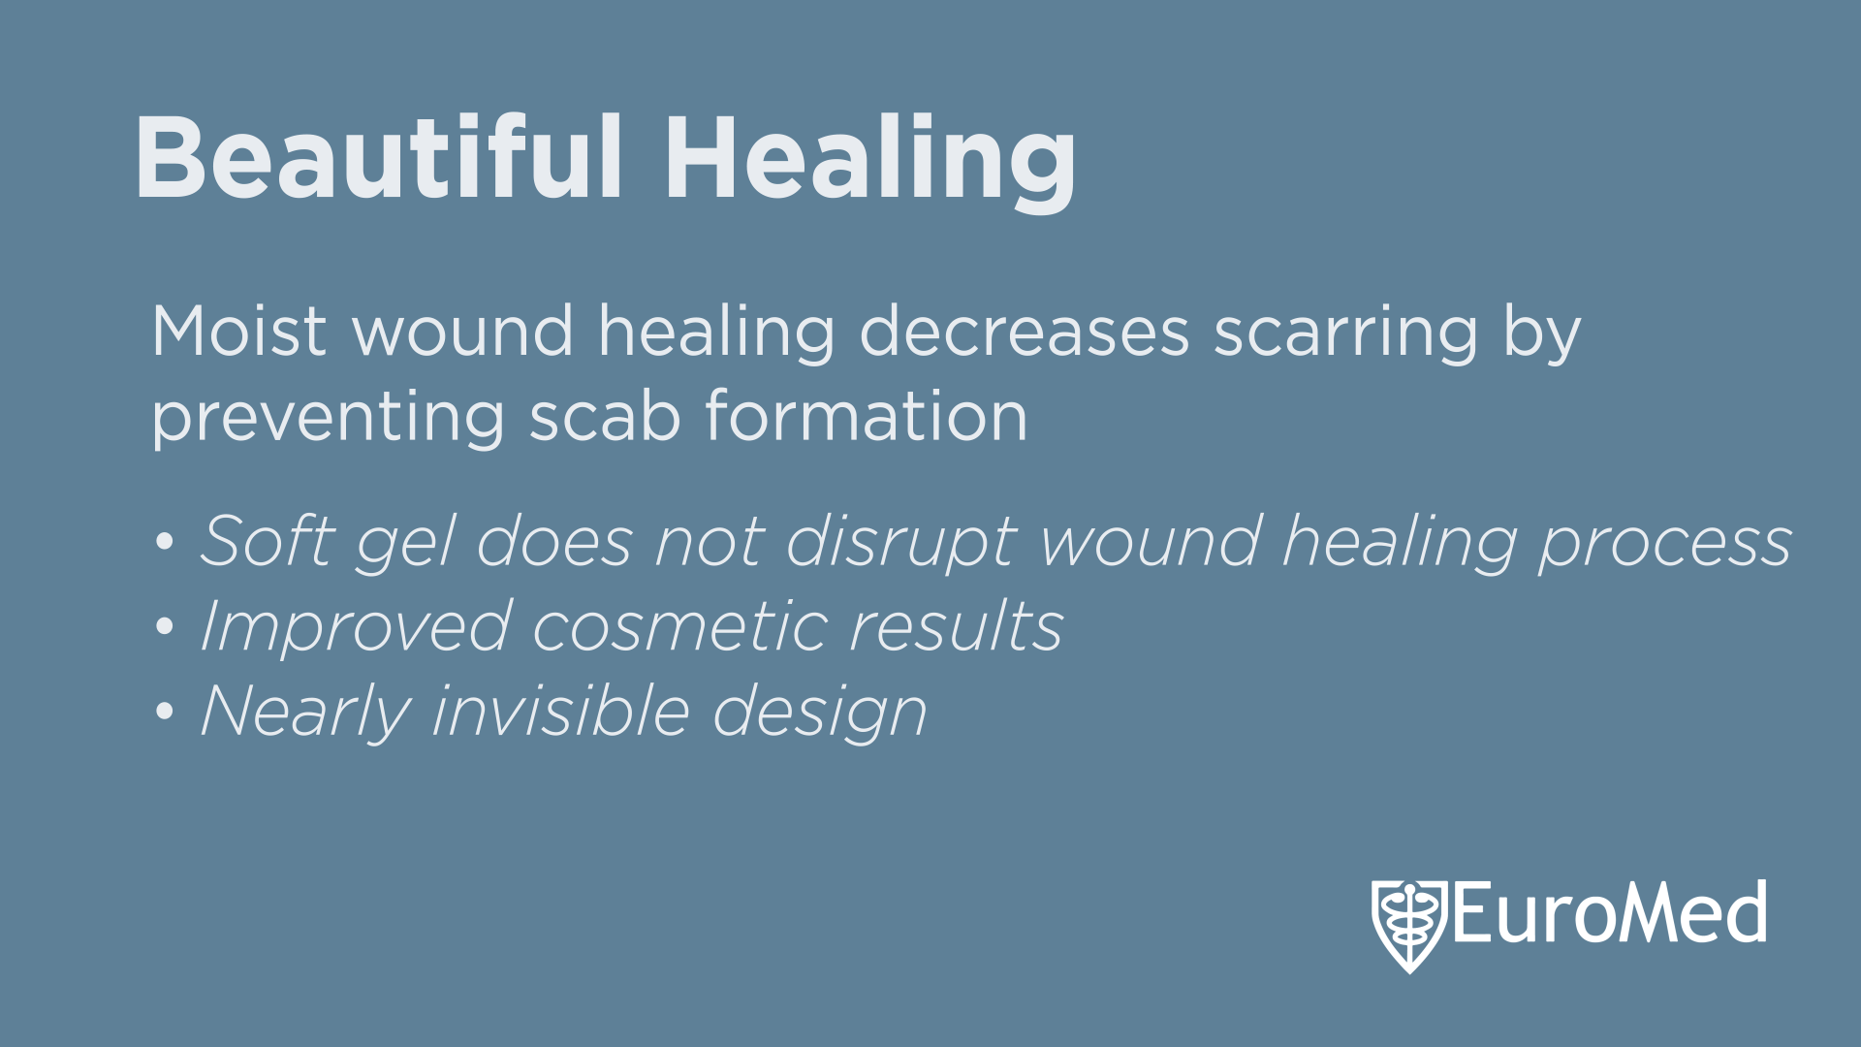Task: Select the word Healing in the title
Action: (x=869, y=162)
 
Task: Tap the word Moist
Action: (x=239, y=331)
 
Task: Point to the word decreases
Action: (x=1025, y=331)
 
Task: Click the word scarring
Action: (x=1346, y=335)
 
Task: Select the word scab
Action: (x=605, y=415)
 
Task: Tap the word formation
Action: (x=867, y=415)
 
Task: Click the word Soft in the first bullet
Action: (x=268, y=540)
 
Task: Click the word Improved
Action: (x=356, y=628)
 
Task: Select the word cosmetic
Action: (x=679, y=625)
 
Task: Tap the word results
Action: (x=956, y=625)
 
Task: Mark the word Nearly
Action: (x=305, y=713)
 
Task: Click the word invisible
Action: (x=561, y=710)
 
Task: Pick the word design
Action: (x=820, y=713)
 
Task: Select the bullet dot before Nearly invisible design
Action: (x=165, y=712)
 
